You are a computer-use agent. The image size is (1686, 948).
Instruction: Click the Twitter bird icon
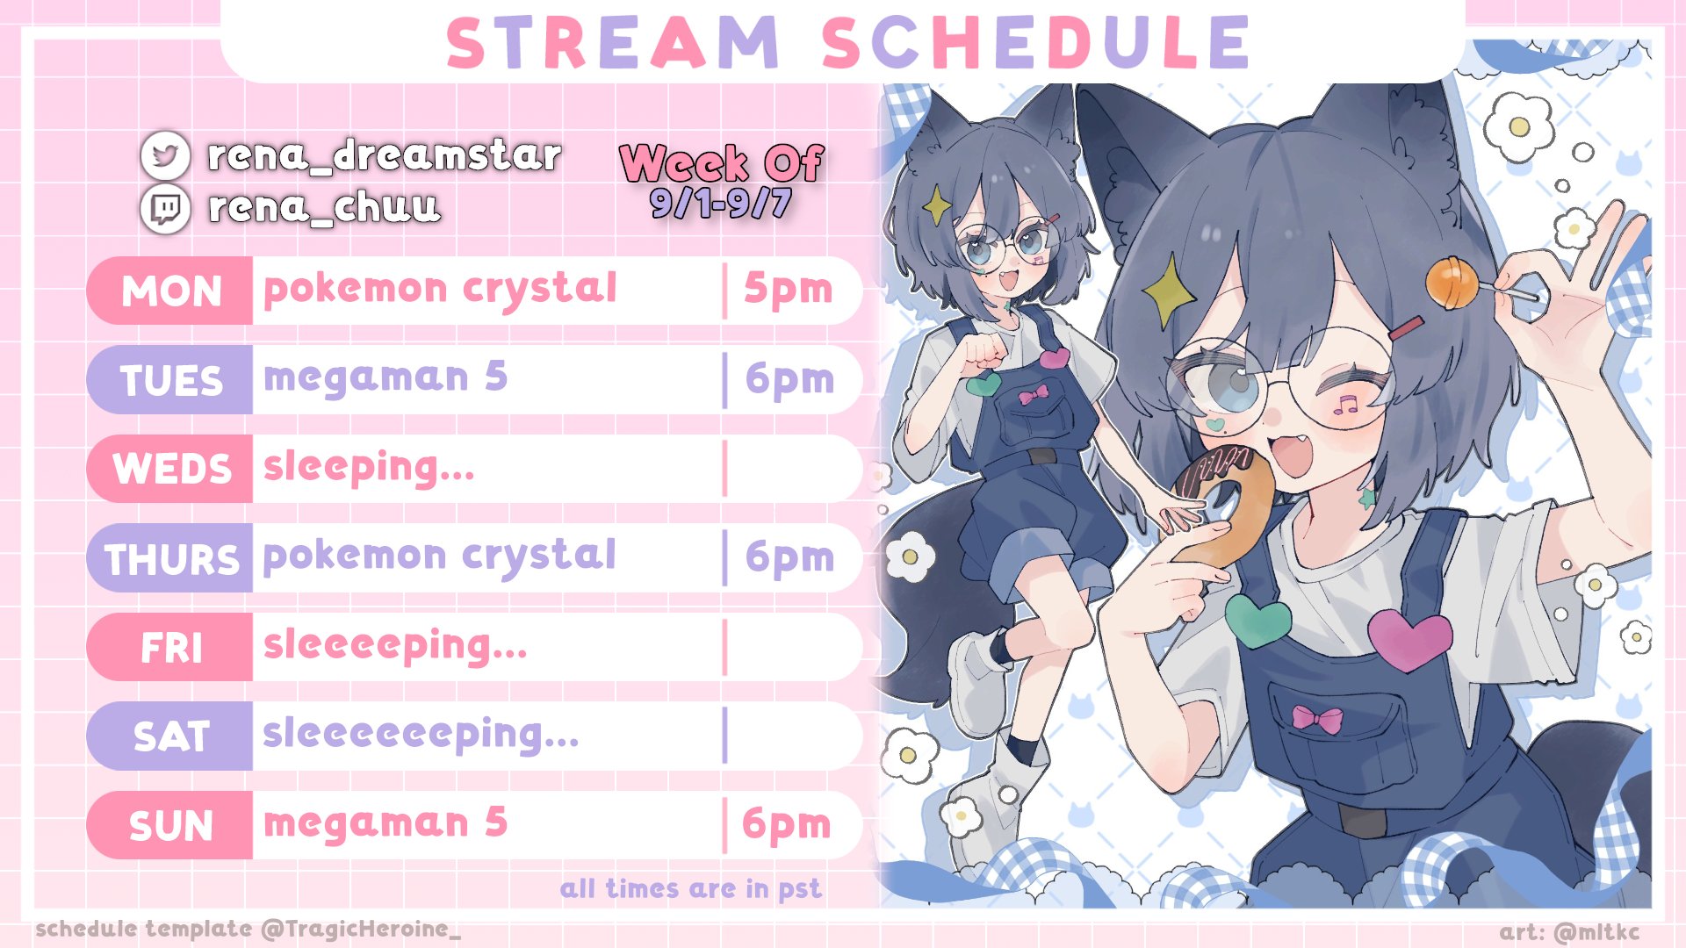click(x=165, y=155)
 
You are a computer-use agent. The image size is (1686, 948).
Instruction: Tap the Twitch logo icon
click(x=165, y=209)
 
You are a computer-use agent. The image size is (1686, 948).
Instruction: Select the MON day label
click(x=171, y=291)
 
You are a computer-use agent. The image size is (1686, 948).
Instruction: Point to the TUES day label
click(x=171, y=381)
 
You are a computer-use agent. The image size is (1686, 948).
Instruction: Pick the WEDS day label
click(x=172, y=469)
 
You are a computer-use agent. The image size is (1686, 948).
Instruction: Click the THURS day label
click(x=172, y=559)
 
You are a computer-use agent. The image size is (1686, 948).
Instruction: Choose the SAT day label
click(x=171, y=736)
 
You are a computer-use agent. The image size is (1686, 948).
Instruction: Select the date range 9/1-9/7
click(x=721, y=204)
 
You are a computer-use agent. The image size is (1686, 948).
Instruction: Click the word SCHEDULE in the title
click(x=1035, y=42)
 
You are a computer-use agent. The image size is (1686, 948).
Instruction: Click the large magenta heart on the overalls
click(x=1410, y=639)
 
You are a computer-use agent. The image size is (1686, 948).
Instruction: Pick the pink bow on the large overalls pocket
click(x=1317, y=719)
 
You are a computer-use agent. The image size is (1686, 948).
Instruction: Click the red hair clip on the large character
click(x=1406, y=329)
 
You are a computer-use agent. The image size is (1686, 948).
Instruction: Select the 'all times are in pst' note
click(x=691, y=889)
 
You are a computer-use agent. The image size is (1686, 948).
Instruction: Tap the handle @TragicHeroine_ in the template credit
click(x=361, y=930)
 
